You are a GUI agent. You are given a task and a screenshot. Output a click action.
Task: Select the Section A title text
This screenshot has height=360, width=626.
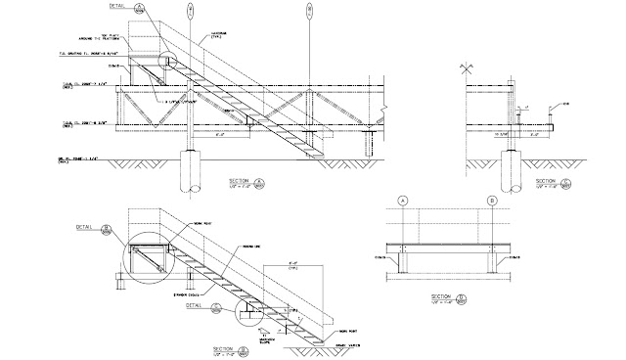(241, 182)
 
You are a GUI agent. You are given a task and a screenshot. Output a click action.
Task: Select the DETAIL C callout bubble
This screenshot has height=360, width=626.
(215, 306)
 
